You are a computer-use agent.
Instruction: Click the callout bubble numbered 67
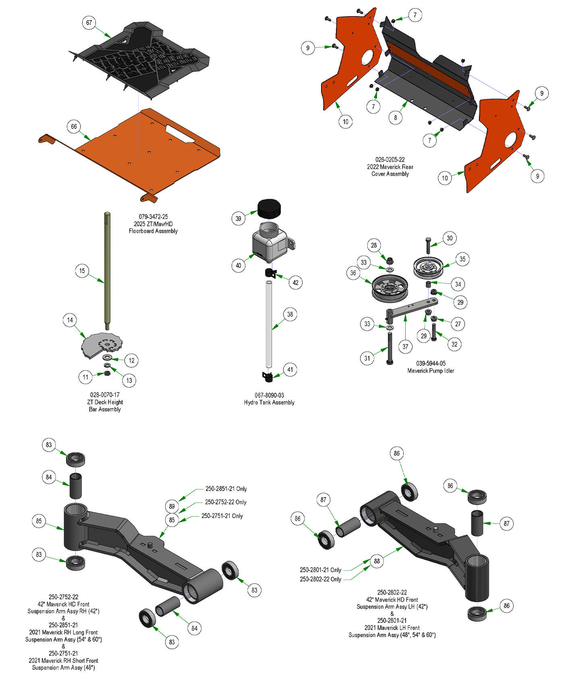89,23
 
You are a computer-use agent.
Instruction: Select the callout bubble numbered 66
74,126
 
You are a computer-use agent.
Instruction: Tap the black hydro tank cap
269,208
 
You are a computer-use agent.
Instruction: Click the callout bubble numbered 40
238,265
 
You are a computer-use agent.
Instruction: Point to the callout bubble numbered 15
82,270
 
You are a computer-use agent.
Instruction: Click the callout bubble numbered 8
396,117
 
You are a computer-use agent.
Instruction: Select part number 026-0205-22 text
390,159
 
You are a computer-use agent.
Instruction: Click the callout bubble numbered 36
353,273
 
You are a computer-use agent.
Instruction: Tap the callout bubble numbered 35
462,259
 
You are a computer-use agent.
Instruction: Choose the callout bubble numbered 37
405,346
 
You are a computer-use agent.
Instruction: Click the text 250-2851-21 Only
226,489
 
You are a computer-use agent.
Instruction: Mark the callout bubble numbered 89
172,506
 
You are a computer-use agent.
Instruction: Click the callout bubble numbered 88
377,561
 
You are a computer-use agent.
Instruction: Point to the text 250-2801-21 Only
320,570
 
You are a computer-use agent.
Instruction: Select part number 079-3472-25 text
153,217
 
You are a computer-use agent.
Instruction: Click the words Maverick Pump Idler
430,370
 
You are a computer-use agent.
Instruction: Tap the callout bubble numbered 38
290,314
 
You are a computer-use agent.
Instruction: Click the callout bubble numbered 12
132,360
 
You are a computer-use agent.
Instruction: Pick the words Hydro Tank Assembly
269,402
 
